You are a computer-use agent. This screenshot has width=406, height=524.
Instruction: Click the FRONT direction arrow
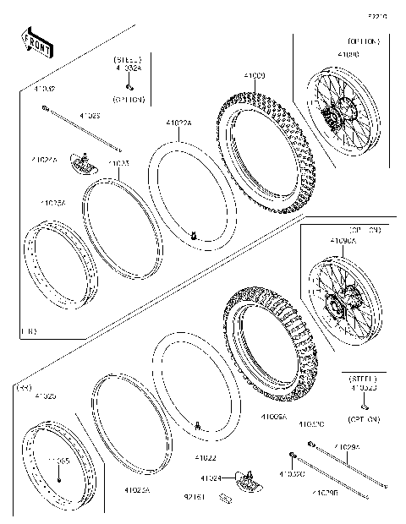[x=36, y=43]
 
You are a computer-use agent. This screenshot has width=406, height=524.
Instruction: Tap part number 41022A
[x=178, y=123]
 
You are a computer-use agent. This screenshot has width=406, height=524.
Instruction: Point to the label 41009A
[x=272, y=417]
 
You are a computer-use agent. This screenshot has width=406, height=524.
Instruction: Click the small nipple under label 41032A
[x=129, y=85]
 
